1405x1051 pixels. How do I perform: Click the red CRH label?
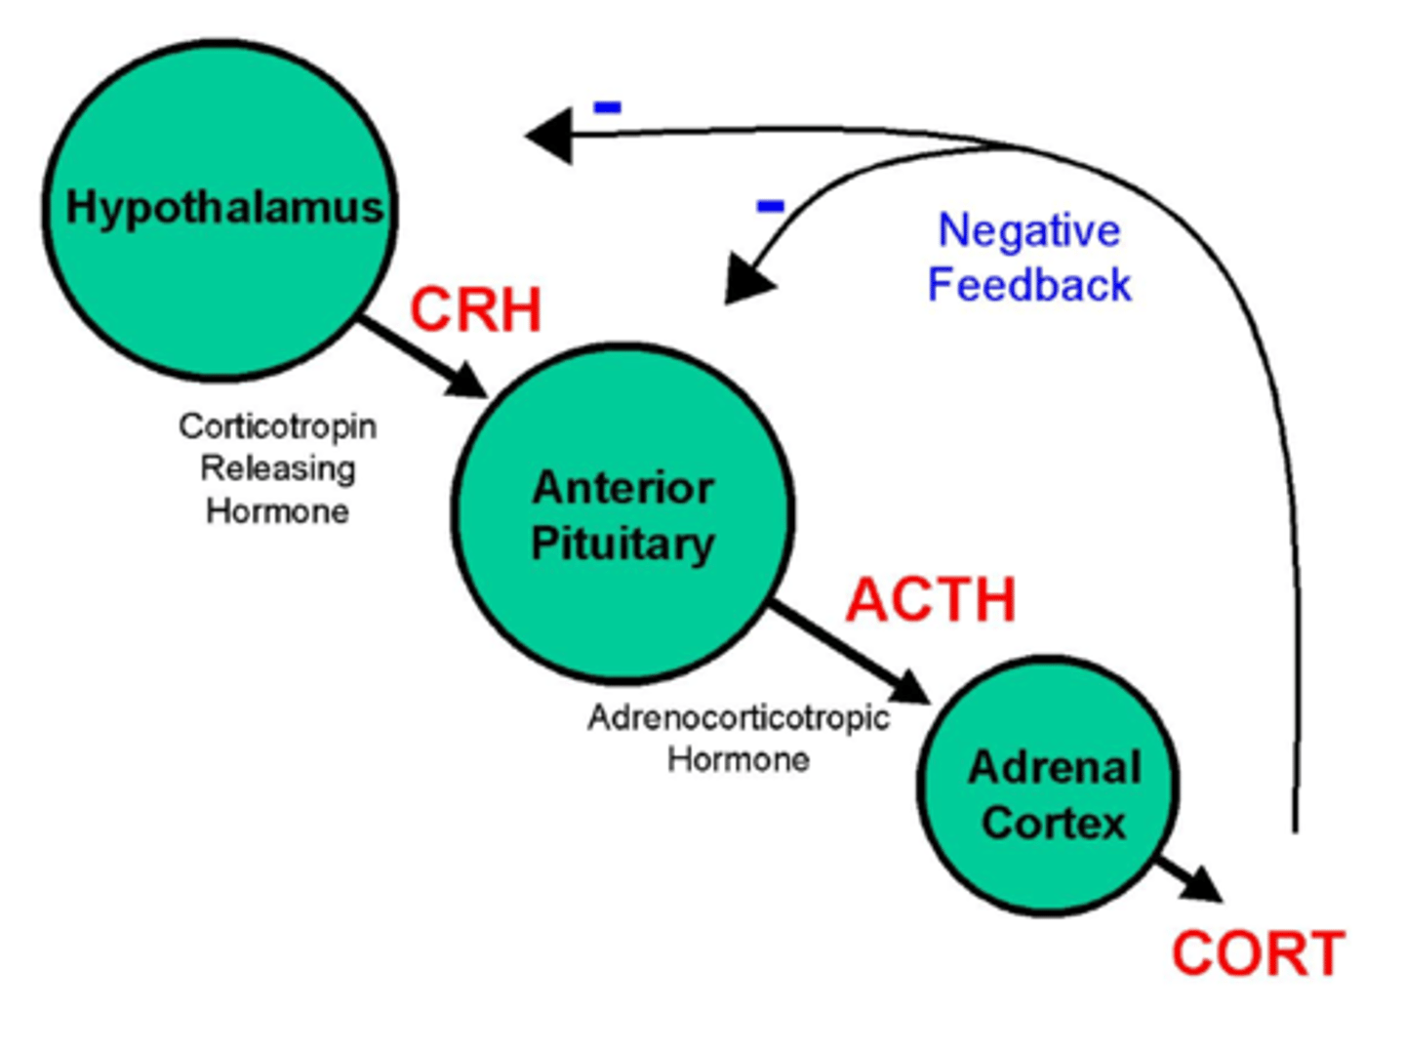point(475,310)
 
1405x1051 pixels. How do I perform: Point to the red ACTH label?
point(931,599)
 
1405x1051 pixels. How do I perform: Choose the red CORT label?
point(1258,953)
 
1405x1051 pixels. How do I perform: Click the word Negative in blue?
point(1028,231)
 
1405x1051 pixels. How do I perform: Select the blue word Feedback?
point(1028,285)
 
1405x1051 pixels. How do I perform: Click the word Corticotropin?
point(277,426)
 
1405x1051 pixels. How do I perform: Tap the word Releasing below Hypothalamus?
point(277,468)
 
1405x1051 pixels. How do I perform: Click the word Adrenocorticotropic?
point(738,718)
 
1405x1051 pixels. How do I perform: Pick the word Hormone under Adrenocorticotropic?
point(738,759)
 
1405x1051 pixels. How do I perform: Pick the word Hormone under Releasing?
point(277,511)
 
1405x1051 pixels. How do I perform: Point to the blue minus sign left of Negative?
point(770,206)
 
